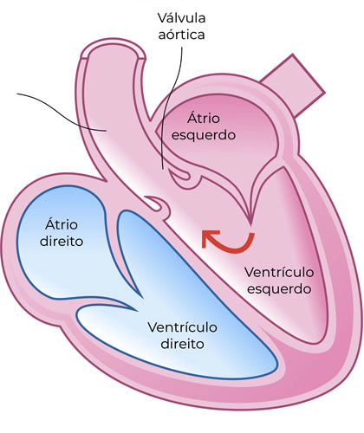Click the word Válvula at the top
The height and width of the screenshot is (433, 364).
pos(182,18)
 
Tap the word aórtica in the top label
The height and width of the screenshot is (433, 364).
pos(182,35)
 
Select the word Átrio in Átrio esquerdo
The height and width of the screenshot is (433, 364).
pos(204,118)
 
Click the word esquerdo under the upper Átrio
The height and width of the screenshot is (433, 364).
pos(204,135)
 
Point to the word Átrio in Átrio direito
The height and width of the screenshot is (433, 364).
pos(62,224)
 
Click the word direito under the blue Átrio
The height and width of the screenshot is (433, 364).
pos(62,242)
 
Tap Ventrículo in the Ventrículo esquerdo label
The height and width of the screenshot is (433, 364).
pos(279,272)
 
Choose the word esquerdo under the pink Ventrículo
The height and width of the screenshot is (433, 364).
pos(279,289)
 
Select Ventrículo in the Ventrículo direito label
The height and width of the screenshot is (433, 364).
pos(183,327)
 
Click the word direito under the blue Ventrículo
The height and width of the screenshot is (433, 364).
pos(183,344)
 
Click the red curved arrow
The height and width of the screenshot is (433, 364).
pos(233,249)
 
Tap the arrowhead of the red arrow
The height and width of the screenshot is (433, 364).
pos(209,238)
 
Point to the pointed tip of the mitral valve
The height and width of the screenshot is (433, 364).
pos(250,223)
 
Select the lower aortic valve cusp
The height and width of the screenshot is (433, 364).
pos(156,203)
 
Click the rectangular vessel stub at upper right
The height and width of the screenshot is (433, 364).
pos(293,85)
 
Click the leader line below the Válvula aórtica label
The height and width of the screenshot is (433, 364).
pos(172,107)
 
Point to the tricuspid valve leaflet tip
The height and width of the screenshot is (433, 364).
pos(141,297)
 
